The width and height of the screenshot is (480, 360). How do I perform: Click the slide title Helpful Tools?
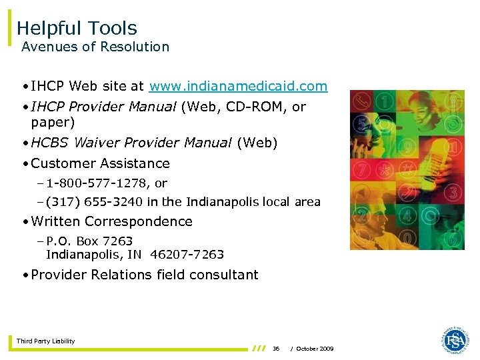point(77,28)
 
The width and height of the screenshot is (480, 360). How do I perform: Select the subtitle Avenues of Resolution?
point(95,47)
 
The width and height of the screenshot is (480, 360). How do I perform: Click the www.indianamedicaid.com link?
point(239,86)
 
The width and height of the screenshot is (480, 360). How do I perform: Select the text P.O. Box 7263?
point(89,241)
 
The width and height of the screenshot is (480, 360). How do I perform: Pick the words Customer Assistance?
point(100,163)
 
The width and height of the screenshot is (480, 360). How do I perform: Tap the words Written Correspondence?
point(111,221)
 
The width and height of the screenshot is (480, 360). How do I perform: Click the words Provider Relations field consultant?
point(145,275)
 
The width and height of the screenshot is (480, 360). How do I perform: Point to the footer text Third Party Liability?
point(46,341)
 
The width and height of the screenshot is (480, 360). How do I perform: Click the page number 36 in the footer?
point(276,349)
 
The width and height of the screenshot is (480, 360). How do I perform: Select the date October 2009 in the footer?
point(315,349)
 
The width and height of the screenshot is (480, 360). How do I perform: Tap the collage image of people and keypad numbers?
point(407,170)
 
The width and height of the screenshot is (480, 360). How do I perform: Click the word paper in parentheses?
point(50,123)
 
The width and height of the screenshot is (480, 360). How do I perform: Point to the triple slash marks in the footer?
point(259,348)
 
